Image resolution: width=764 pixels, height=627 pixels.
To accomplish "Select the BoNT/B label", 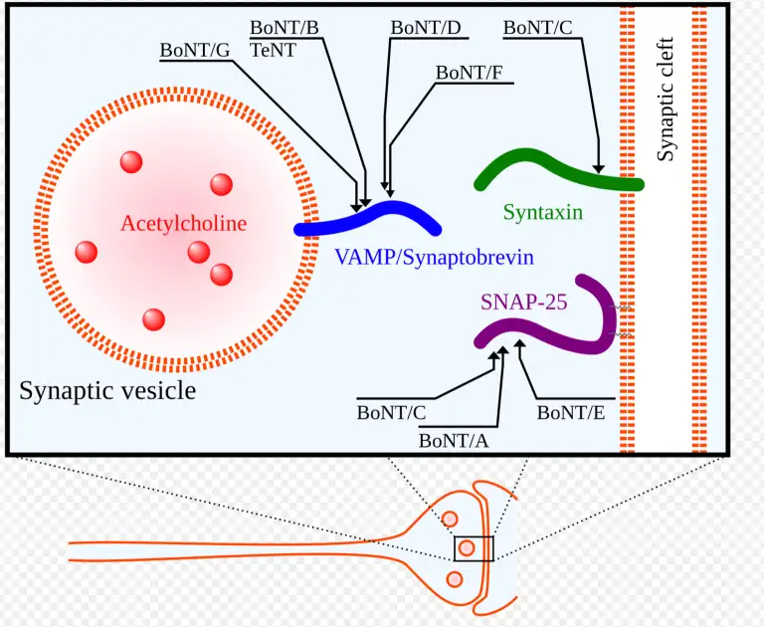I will click(284, 27).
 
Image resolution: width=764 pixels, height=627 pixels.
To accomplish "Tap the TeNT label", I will click(272, 49).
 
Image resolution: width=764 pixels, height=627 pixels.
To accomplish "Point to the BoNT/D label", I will click(425, 27).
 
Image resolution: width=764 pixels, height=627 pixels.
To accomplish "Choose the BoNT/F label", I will click(471, 72).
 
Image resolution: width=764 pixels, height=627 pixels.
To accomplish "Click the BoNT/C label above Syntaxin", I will click(537, 27).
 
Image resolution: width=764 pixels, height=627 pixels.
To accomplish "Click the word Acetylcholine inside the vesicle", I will click(183, 223).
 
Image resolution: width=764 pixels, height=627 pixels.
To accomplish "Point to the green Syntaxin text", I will click(542, 212).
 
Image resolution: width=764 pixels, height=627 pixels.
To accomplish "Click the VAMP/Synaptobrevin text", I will click(434, 258).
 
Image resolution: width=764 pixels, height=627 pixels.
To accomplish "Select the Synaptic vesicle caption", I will click(107, 390).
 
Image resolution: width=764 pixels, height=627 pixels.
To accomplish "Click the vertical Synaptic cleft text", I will click(666, 99).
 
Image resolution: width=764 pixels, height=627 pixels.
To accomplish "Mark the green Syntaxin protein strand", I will click(557, 169).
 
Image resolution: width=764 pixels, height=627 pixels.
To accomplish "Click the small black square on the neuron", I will click(474, 548).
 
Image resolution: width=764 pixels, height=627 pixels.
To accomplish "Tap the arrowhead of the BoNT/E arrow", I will click(519, 344).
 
